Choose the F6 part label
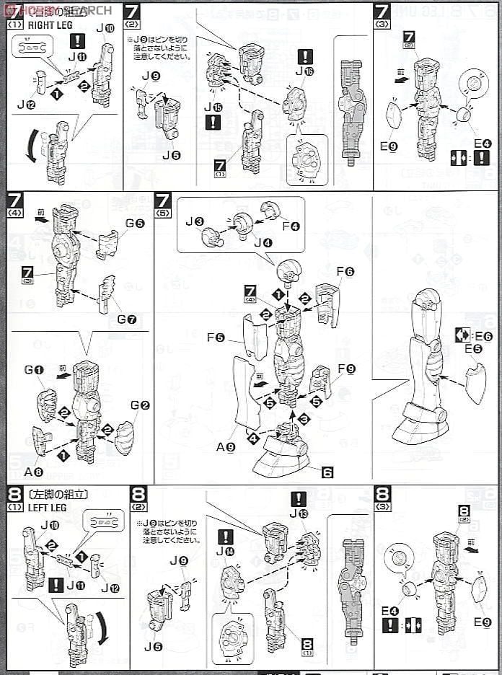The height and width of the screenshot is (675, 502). pyautogui.click(x=345, y=271)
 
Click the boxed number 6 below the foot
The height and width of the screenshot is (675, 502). pyautogui.click(x=327, y=472)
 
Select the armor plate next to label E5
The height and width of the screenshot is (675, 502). pyautogui.click(x=475, y=384)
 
